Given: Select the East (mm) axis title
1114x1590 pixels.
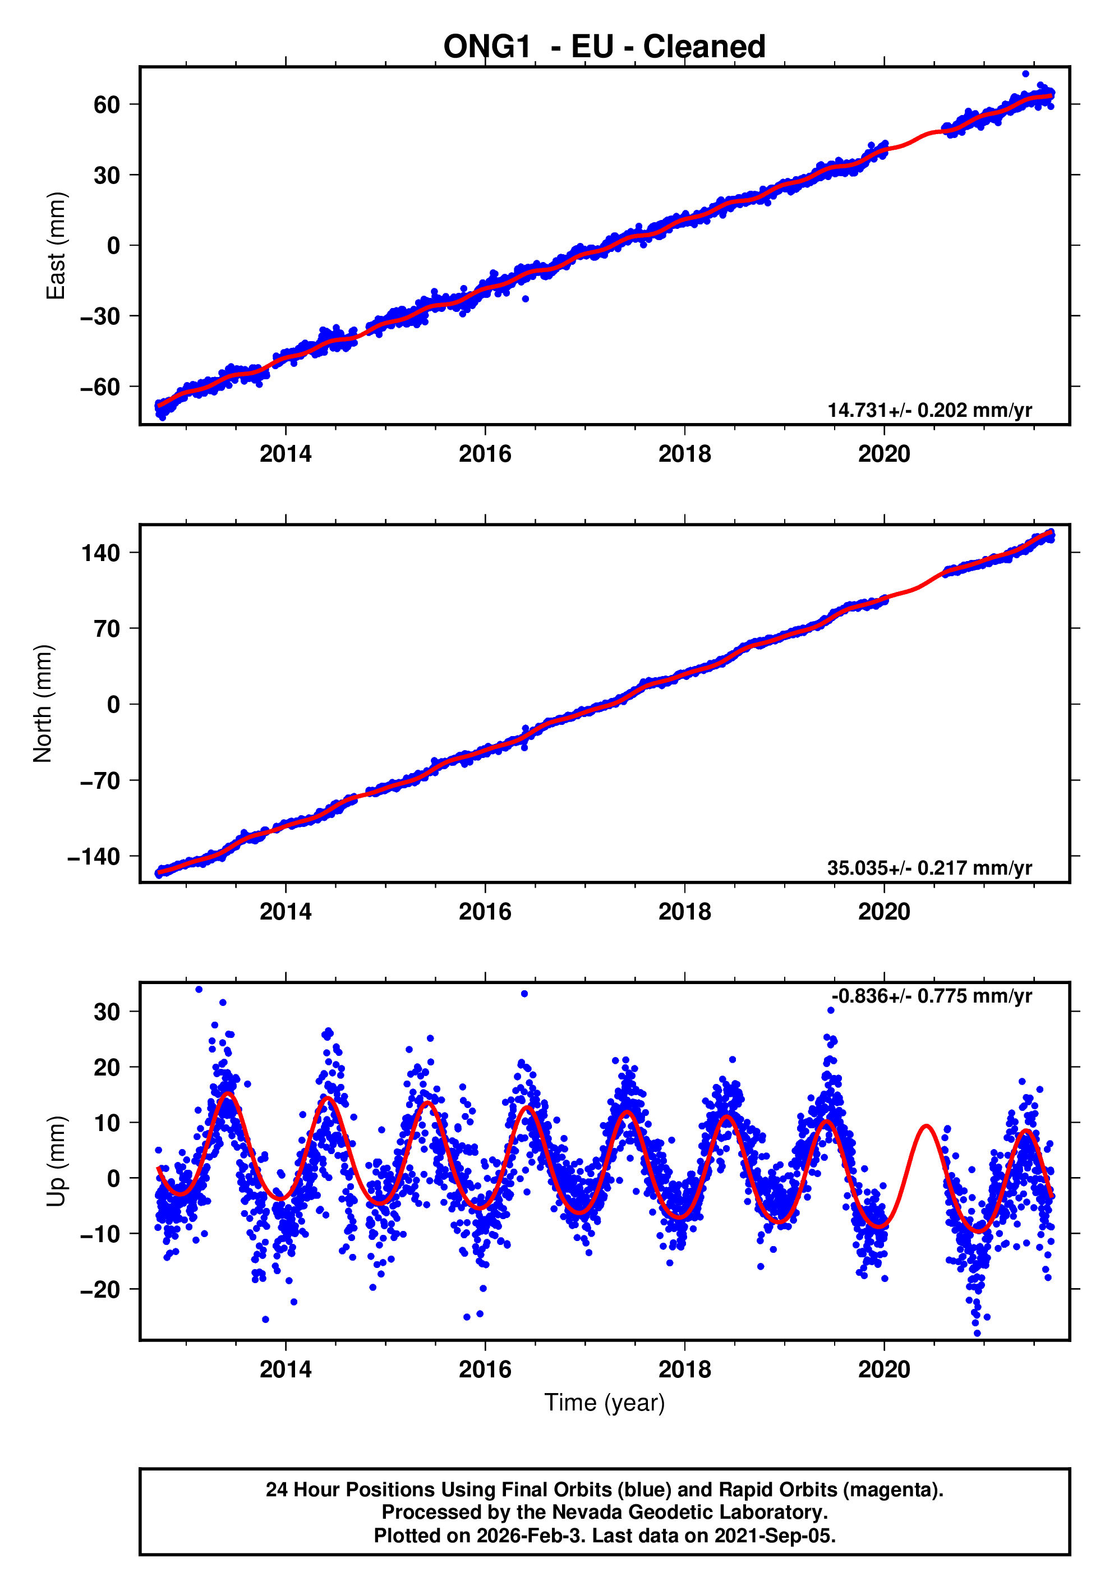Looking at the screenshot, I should (56, 246).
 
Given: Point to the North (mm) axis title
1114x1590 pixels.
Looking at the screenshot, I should (43, 704).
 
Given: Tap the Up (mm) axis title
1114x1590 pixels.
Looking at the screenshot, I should (56, 1161).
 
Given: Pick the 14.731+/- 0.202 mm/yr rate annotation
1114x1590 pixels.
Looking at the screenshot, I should (929, 410).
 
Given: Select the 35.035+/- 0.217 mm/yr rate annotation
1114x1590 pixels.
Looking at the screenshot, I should (929, 868).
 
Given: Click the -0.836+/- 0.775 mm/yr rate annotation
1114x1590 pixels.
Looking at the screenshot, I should (931, 996).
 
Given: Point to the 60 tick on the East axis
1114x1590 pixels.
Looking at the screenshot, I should (107, 104).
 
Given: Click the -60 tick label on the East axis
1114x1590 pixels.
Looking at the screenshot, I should (100, 387).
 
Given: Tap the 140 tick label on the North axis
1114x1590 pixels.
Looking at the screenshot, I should (100, 553).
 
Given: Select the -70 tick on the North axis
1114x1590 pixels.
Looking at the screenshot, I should (100, 780).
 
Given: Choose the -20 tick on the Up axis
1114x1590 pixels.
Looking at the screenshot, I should (100, 1289).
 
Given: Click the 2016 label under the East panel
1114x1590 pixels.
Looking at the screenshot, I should (485, 454).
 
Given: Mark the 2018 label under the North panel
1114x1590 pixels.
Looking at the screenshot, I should (684, 912).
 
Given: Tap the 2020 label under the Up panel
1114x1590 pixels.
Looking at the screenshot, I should (883, 1370).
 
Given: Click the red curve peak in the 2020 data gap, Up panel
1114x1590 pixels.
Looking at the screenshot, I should (927, 1126).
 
